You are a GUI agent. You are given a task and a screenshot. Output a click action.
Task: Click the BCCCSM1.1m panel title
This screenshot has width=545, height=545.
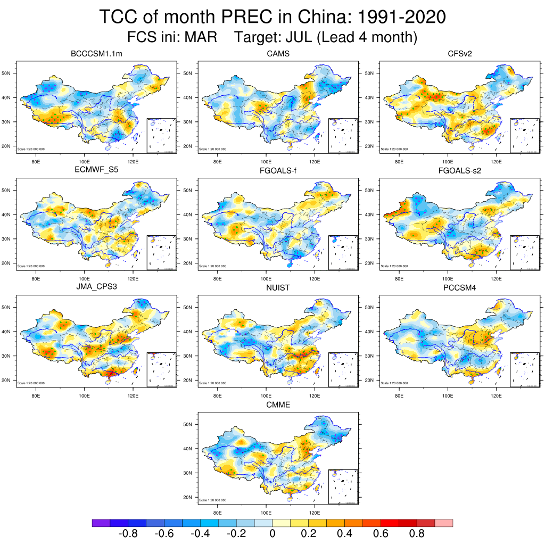(x=100, y=54)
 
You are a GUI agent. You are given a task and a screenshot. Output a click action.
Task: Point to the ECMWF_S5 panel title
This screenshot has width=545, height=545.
(x=100, y=171)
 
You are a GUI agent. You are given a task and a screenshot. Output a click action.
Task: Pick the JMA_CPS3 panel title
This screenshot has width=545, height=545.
(x=100, y=288)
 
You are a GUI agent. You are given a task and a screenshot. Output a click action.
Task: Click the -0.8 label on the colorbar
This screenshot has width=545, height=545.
(x=128, y=534)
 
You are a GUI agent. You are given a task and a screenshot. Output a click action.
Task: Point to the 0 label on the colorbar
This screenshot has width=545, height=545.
(x=272, y=534)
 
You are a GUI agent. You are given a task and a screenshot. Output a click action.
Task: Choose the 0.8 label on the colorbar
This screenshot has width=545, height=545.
(x=417, y=534)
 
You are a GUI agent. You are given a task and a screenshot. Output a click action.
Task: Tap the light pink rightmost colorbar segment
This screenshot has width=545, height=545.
(x=444, y=523)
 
